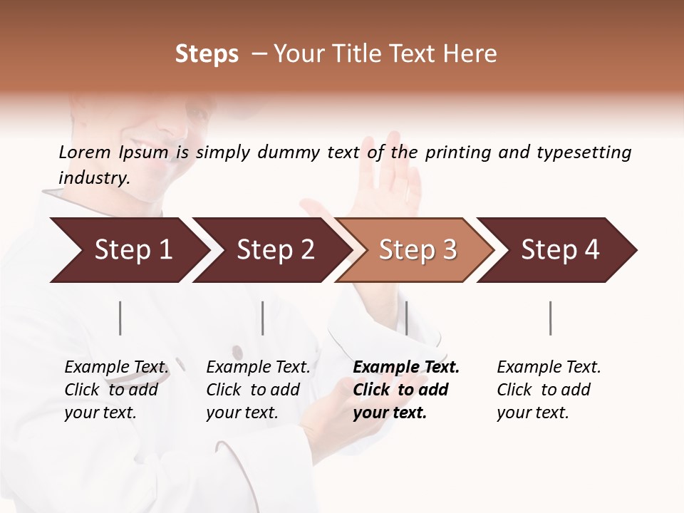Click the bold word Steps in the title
coord(207,54)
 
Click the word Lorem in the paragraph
coord(85,152)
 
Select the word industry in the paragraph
coord(93,178)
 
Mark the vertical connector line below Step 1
coord(120,318)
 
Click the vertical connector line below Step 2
coord(263,318)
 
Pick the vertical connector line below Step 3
coord(406,318)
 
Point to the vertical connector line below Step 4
coord(550,318)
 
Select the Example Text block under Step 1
coord(116,390)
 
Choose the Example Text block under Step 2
coord(258,390)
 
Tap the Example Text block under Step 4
coord(549,390)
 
